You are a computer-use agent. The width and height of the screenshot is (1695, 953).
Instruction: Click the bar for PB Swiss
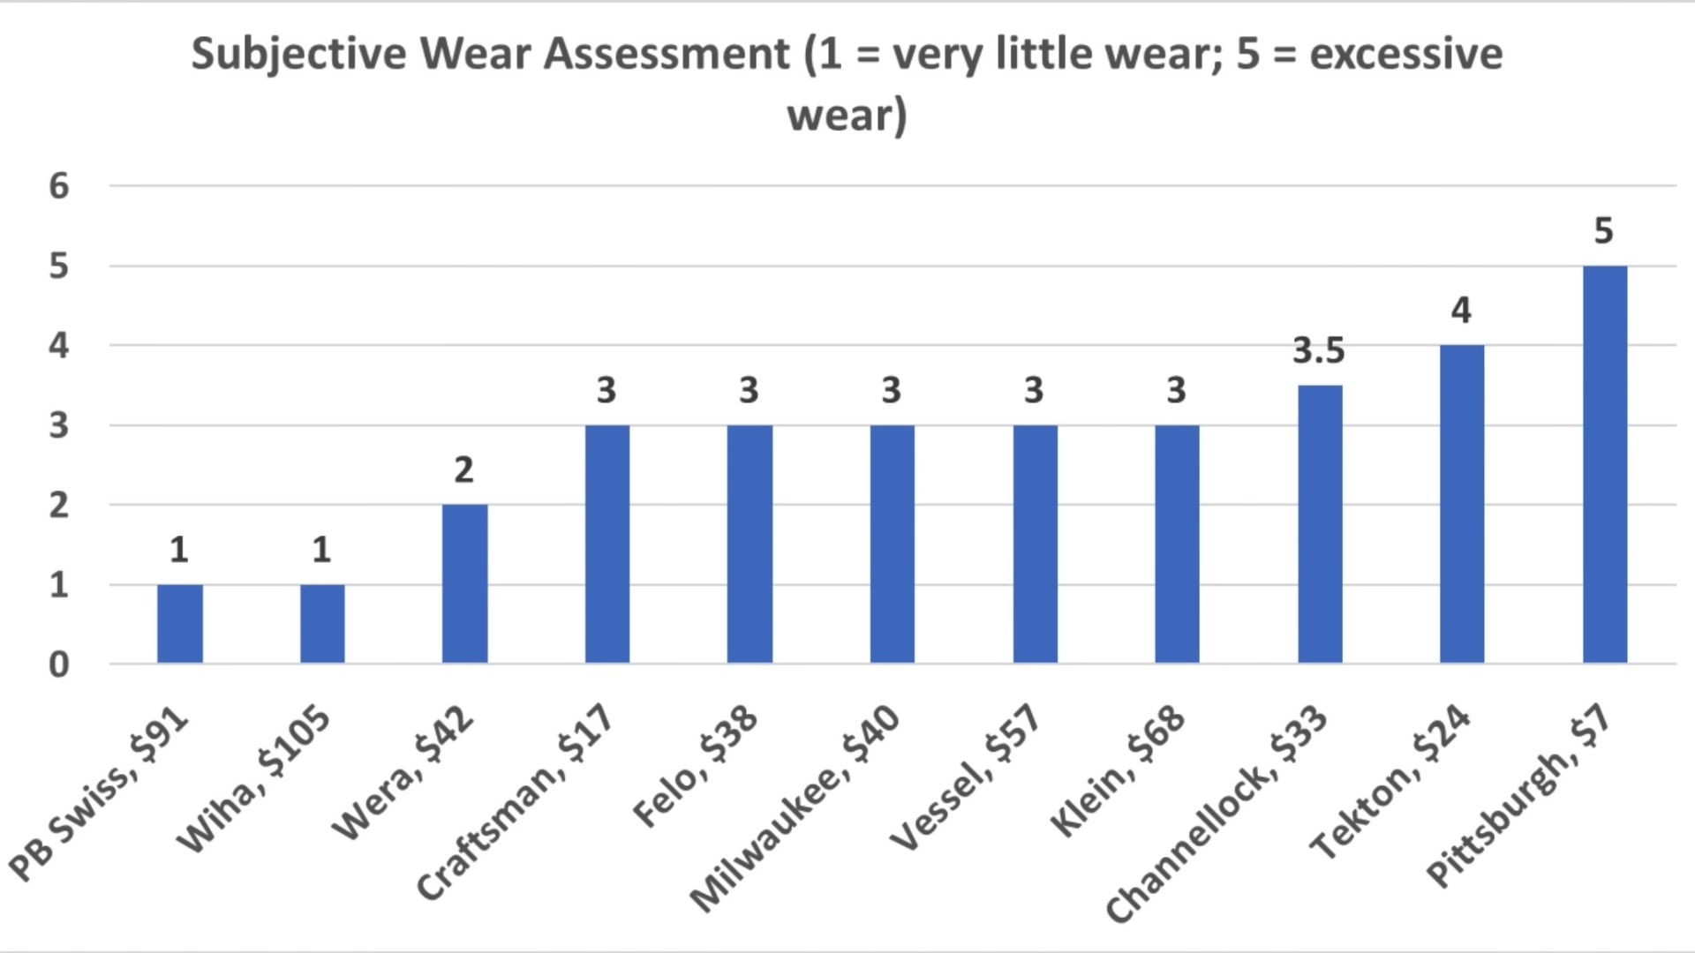click(180, 624)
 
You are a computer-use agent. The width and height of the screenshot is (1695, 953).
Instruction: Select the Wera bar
click(464, 583)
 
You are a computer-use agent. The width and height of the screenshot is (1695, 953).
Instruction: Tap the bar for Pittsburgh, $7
click(1604, 464)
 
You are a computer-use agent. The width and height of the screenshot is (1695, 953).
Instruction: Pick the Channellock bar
click(1320, 524)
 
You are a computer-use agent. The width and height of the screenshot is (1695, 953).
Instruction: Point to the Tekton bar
click(1462, 504)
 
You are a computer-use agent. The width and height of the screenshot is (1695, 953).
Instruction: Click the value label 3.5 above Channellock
click(1319, 351)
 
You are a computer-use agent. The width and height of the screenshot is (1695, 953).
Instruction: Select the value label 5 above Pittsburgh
click(1603, 231)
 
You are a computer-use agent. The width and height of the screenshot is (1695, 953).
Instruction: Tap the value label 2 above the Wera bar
click(463, 470)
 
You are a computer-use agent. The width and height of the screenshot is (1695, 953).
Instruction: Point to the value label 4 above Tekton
click(1461, 311)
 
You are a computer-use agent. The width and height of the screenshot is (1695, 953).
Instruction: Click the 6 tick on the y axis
click(58, 186)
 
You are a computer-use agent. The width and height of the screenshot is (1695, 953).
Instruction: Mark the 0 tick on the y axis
click(58, 664)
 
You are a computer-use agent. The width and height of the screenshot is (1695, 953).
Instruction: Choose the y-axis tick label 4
click(58, 346)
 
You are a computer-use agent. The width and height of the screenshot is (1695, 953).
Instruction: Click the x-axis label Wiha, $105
click(254, 779)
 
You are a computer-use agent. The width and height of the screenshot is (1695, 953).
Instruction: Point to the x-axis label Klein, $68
click(1117, 770)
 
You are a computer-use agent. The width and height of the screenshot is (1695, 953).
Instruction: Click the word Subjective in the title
click(298, 55)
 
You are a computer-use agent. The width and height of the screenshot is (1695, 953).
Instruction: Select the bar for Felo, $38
click(750, 544)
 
